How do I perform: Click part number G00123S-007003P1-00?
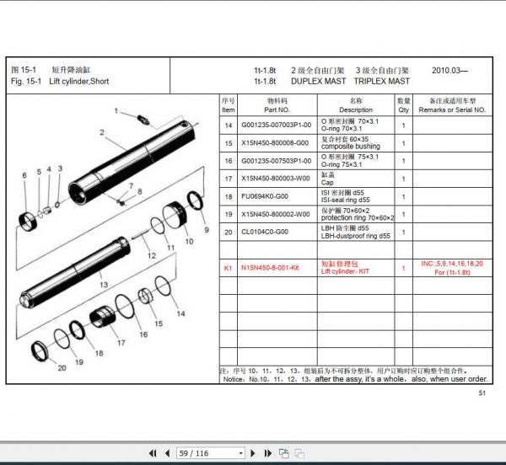pyautogui.click(x=276, y=125)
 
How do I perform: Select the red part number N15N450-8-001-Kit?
pyautogui.click(x=271, y=267)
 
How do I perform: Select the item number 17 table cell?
pyautogui.click(x=228, y=178)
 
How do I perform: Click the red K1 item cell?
pyautogui.click(x=228, y=267)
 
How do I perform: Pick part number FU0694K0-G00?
pyautogui.click(x=265, y=196)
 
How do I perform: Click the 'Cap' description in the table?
pyautogui.click(x=328, y=181)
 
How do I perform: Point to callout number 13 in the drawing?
pyautogui.click(x=104, y=286)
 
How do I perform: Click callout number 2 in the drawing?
pyautogui.click(x=100, y=131)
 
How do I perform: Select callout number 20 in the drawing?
pyautogui.click(x=61, y=367)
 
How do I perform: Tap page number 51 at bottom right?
pyautogui.click(x=482, y=392)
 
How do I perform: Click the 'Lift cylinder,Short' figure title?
pyautogui.click(x=78, y=82)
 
